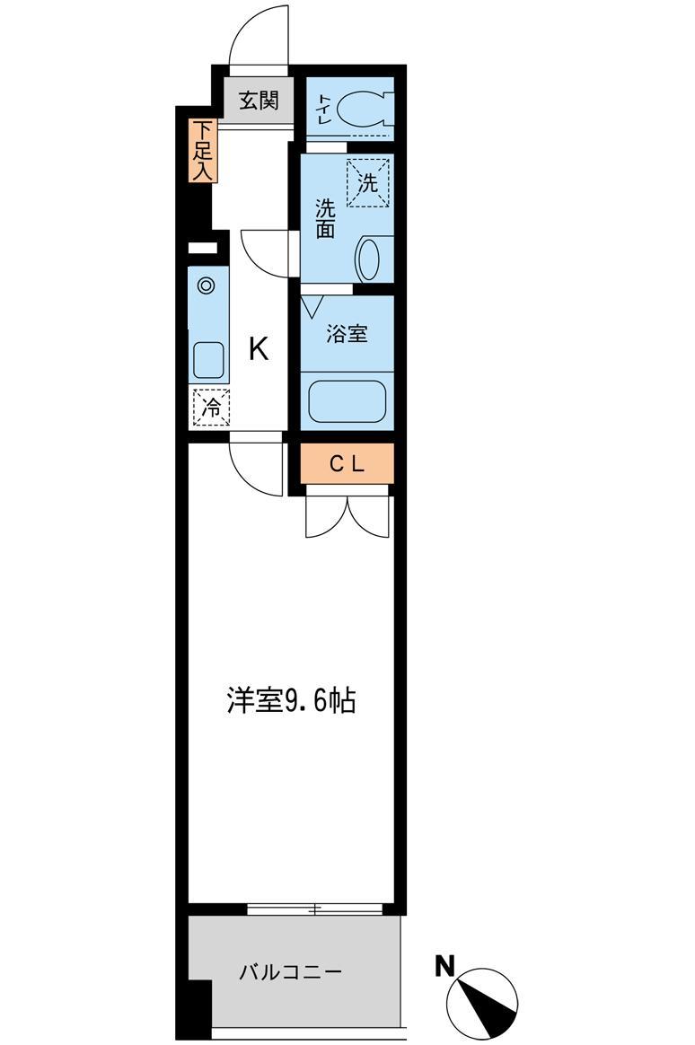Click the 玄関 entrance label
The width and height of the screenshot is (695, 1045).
259,101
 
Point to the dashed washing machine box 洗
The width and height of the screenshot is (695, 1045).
367,182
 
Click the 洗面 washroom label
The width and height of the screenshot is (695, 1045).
324,218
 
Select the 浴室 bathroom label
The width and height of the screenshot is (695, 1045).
347,333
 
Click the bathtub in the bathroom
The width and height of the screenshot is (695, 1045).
347,400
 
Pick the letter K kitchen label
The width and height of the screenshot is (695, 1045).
259,348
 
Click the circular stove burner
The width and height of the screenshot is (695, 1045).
207,285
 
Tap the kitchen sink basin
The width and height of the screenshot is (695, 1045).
209,361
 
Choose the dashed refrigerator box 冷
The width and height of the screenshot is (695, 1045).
211,408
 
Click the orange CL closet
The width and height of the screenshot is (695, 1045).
347,463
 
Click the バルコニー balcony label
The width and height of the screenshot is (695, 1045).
291,972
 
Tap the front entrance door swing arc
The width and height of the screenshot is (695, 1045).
248,27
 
